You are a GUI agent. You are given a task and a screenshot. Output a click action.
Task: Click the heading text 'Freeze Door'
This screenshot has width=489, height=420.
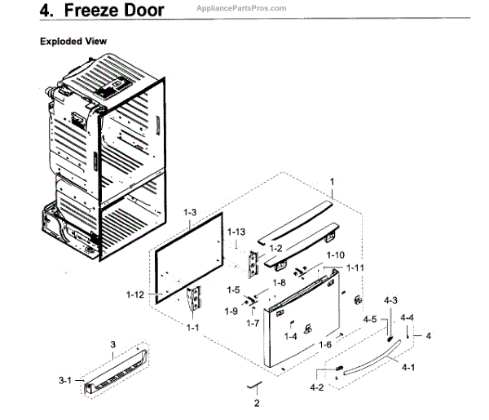pos(117,11)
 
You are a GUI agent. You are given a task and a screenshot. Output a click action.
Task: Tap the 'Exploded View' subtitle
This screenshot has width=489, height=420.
pos(74,41)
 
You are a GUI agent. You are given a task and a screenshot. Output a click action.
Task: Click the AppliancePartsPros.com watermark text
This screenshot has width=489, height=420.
pos(241,8)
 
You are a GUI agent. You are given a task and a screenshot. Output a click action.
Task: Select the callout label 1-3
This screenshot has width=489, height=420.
pos(190,213)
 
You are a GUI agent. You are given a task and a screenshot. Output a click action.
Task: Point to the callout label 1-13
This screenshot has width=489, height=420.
pos(236,232)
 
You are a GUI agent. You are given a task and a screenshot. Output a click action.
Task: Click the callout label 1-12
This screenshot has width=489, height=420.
pos(137,294)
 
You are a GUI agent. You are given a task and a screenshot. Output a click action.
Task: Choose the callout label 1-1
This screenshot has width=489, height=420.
pos(192,327)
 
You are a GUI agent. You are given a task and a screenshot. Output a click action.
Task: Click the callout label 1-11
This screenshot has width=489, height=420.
pos(355,267)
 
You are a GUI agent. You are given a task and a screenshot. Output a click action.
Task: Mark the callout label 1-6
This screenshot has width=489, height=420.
pos(324,345)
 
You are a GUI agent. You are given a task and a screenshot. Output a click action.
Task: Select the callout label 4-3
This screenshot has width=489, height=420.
pos(390,301)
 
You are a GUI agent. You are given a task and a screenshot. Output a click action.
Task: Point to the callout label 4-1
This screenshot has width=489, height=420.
pos(408,367)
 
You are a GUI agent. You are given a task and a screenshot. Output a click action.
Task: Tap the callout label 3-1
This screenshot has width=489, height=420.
pos(66,379)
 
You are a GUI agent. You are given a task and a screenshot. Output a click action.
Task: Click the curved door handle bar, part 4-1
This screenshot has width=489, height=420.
pos(371,364)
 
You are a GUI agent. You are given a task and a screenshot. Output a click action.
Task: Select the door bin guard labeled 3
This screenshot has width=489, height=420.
pos(118,370)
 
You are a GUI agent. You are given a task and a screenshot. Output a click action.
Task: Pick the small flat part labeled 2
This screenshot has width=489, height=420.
pos(256,384)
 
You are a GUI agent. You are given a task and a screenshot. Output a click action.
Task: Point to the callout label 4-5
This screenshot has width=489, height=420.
pos(370,319)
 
